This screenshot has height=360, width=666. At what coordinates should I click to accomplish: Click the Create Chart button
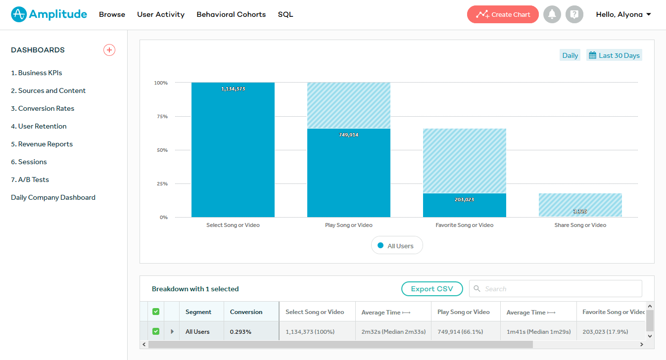coord(503,14)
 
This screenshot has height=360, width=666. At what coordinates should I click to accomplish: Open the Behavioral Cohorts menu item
coord(231,14)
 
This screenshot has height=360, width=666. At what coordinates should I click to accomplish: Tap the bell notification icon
coord(552,14)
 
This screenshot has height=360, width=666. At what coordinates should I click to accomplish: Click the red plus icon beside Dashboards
coord(109,50)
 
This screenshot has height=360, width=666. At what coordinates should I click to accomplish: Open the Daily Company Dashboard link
coord(53,197)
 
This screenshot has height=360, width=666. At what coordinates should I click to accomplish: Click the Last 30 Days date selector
coord(614,55)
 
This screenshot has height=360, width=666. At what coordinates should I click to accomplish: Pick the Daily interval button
coord(570,55)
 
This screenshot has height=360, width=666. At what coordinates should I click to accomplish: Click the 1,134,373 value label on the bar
coord(233,89)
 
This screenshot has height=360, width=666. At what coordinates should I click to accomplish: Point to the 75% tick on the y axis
coord(162,117)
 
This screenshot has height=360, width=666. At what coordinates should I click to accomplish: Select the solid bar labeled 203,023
coord(464,206)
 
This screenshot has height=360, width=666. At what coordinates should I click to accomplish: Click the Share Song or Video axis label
coord(580,225)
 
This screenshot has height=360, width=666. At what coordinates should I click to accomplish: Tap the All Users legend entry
coord(397,246)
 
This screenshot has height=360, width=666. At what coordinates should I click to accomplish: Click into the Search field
coord(559,289)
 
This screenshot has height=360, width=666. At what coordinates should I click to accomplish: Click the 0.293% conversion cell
coord(241,332)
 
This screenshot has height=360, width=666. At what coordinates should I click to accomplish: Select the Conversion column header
coord(246,312)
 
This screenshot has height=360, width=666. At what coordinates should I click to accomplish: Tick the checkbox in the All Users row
coord(156,331)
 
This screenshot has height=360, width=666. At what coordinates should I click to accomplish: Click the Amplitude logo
coord(49,14)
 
